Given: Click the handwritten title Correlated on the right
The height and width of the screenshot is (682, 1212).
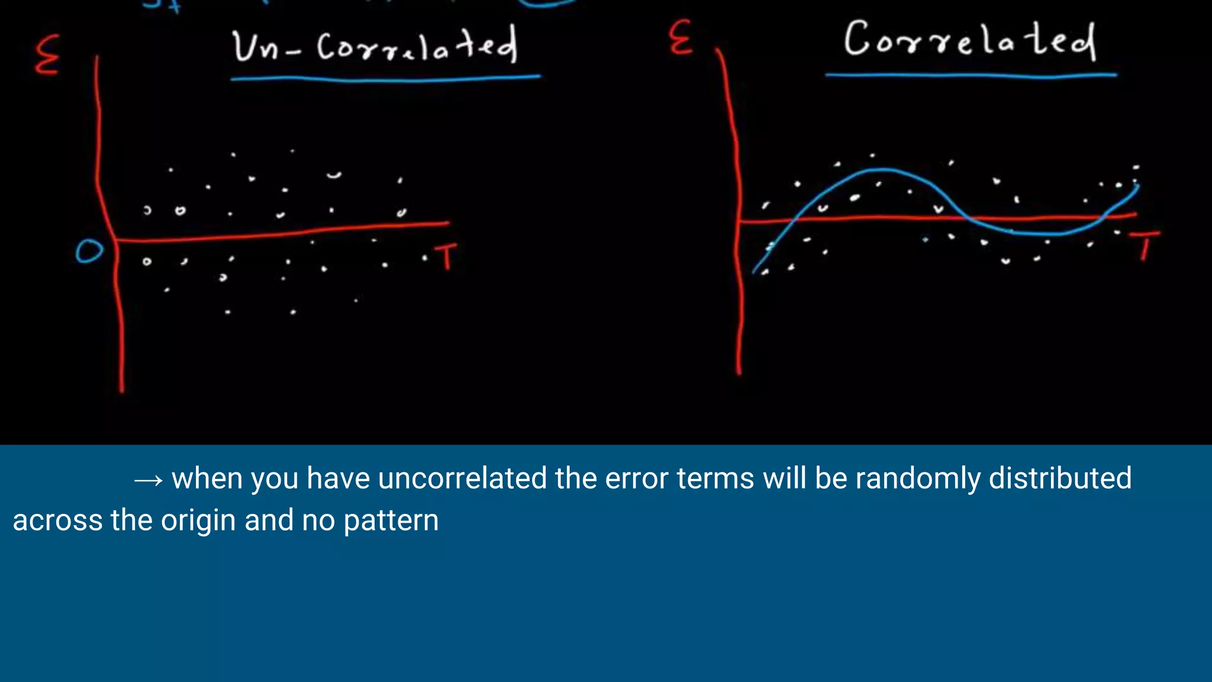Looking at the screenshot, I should pyautogui.click(x=969, y=40).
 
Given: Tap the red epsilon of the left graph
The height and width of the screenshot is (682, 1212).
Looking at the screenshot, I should pyautogui.click(x=47, y=54).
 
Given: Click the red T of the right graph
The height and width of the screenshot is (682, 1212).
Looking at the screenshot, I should pyautogui.click(x=1145, y=245).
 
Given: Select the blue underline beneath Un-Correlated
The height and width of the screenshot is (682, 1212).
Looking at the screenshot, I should pyautogui.click(x=385, y=78).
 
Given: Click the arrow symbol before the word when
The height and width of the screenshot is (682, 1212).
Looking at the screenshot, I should pyautogui.click(x=148, y=480).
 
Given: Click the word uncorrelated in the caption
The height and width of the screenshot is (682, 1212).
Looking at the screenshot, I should pyautogui.click(x=462, y=478).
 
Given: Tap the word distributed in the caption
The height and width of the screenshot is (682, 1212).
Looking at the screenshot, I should pyautogui.click(x=1060, y=478).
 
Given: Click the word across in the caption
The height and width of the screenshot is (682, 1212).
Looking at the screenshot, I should pyautogui.click(x=57, y=521).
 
